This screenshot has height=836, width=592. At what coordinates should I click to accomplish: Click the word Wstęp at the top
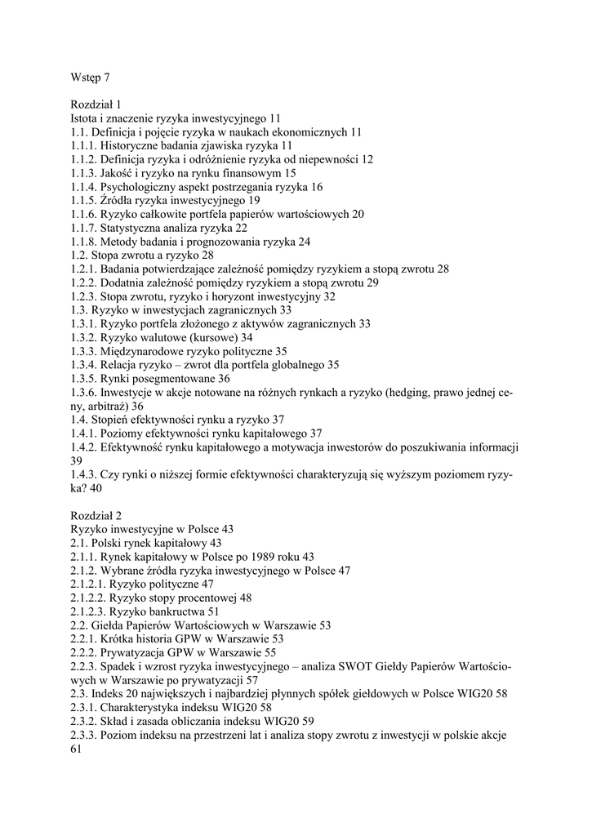(86, 78)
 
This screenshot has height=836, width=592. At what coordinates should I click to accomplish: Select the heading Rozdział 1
(96, 104)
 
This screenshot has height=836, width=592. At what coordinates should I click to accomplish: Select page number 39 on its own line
(77, 460)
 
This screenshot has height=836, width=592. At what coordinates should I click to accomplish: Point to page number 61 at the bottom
(77, 749)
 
